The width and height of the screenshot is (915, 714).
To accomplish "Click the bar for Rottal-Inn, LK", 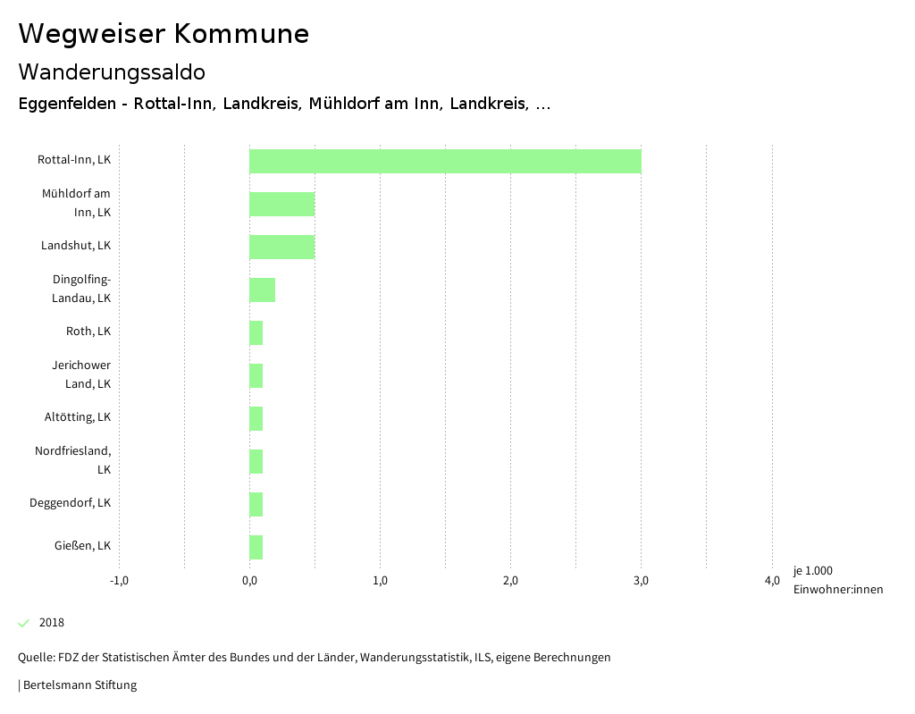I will point(445,161).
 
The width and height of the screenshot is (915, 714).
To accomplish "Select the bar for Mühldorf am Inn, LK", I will point(281,204).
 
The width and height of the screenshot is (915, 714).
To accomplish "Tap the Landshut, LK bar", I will point(281,247).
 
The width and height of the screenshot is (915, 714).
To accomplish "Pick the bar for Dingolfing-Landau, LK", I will point(262,290).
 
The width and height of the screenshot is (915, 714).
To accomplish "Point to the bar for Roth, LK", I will point(256,332).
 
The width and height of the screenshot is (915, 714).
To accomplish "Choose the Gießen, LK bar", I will point(256,547).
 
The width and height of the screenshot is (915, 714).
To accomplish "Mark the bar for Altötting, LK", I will point(256,418).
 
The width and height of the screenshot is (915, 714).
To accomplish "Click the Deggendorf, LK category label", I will point(70,503).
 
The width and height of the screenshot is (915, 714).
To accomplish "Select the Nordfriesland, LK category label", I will point(73,459).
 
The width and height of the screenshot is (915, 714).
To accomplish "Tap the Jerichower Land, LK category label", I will point(81,374).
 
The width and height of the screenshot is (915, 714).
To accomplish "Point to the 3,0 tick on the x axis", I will point(641,581).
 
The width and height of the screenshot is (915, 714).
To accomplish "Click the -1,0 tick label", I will point(119,581).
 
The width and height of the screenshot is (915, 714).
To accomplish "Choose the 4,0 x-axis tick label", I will point(772,581).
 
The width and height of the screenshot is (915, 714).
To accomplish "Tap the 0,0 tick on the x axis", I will point(249,581).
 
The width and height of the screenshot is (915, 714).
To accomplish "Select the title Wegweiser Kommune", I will point(164,34).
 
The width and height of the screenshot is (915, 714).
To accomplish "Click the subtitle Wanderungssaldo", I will point(112,71).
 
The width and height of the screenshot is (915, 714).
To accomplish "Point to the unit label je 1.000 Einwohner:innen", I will point(837,580).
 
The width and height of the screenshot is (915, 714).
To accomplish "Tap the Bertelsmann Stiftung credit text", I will point(79,685).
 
